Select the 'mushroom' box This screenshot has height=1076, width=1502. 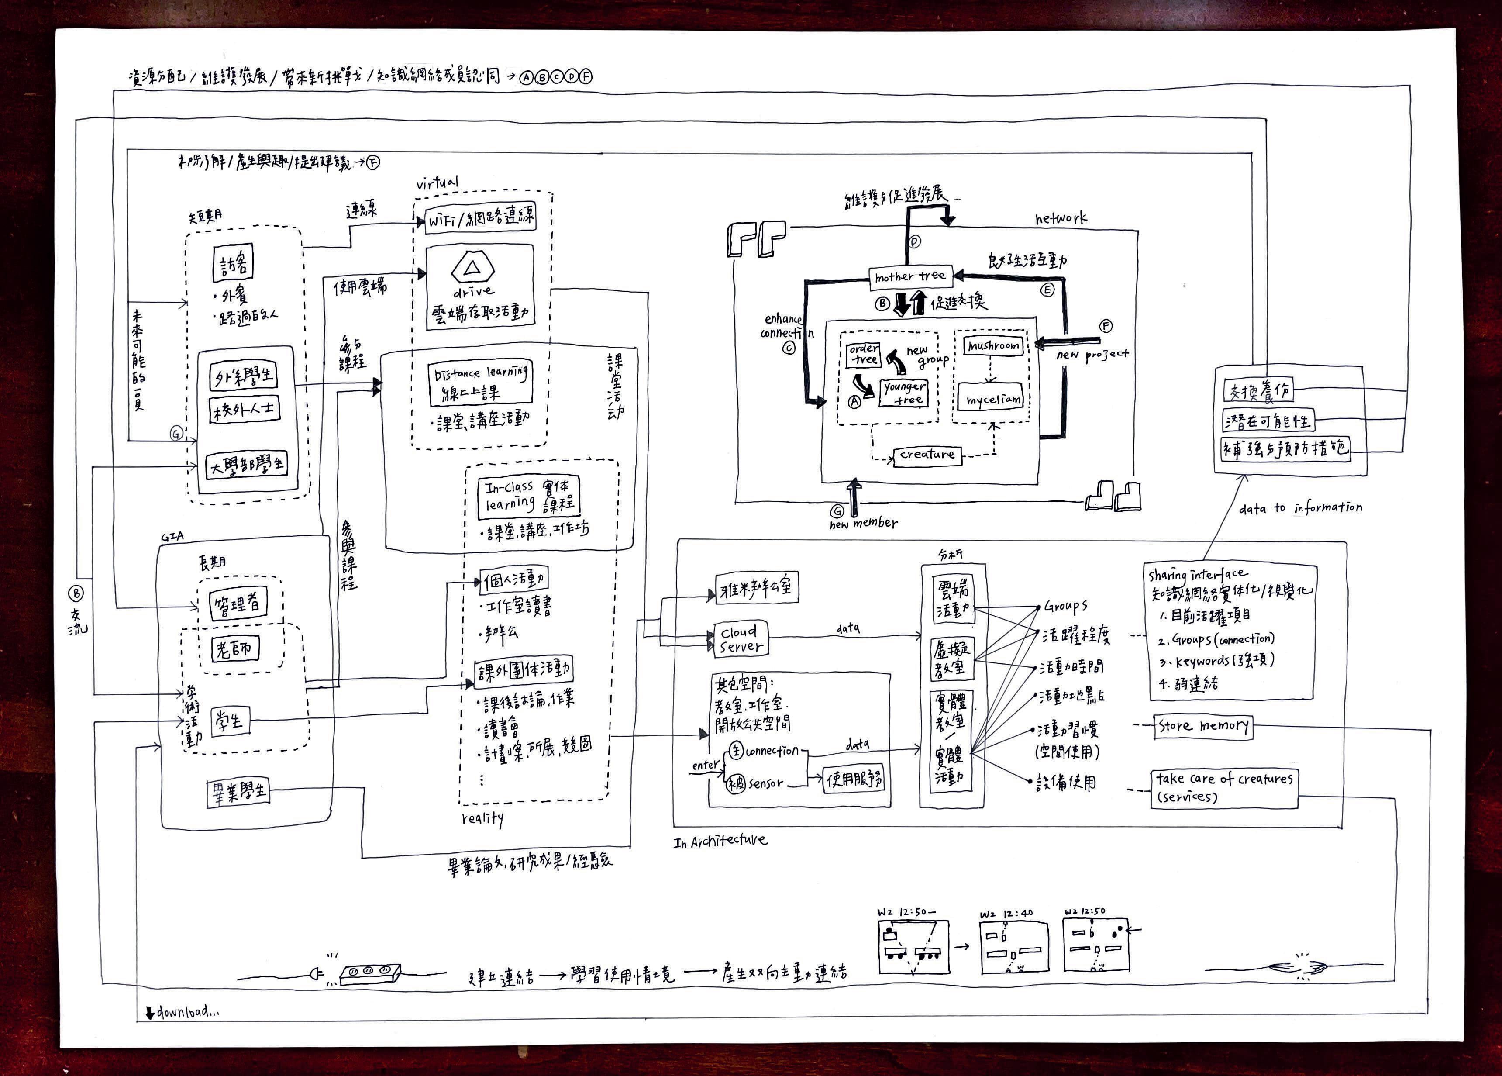[x=993, y=346]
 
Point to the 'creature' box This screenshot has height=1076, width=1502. [x=927, y=455]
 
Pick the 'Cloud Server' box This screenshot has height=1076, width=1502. [x=741, y=639]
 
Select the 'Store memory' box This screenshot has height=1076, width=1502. [x=1203, y=726]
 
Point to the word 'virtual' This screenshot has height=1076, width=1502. [x=437, y=183]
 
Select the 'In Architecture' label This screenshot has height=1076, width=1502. [x=720, y=841]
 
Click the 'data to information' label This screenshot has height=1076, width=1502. [x=1300, y=508]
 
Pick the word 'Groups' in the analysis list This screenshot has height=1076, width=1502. [x=1065, y=606]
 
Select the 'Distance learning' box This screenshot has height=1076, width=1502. [x=480, y=383]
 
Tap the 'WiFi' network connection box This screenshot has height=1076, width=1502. [x=480, y=218]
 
